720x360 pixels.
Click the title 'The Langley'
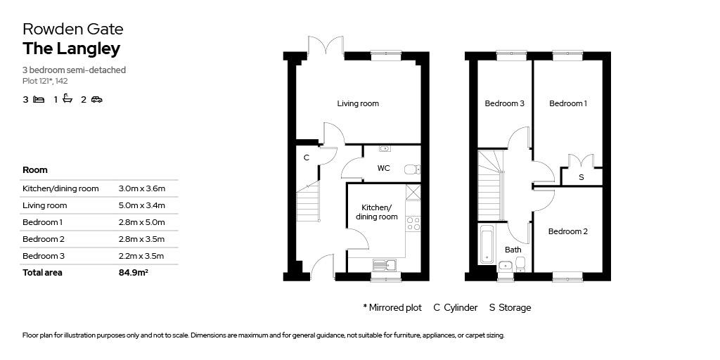[71, 49]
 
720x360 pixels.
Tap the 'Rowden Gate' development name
[73, 29]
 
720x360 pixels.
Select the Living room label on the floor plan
[358, 103]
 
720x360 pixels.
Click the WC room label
[383, 168]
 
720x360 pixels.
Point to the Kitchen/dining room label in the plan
[376, 212]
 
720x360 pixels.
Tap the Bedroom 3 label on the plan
[504, 103]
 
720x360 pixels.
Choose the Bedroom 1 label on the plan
[567, 103]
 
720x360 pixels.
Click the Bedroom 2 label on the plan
[567, 231]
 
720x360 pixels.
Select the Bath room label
[513, 250]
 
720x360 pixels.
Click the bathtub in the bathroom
[487, 244]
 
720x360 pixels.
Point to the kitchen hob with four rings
[413, 224]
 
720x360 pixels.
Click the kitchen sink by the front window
[385, 265]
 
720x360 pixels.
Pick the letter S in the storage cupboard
[581, 178]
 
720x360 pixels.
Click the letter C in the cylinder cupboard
[306, 158]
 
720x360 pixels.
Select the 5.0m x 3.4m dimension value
[142, 205]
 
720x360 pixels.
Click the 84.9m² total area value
[134, 273]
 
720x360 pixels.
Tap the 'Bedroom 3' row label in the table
[44, 256]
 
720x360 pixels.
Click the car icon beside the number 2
[96, 100]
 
